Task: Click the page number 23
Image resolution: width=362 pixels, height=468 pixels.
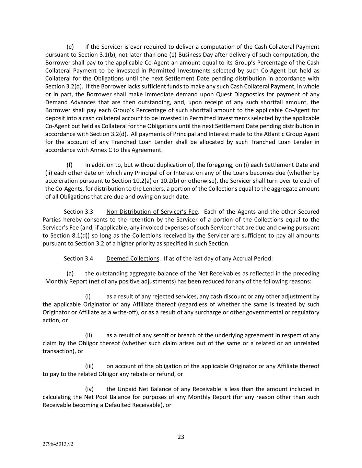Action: [x=181, y=437]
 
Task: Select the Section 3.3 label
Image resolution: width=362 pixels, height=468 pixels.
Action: [x=78, y=212]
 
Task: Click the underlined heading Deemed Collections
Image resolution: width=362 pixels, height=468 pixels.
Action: [x=133, y=259]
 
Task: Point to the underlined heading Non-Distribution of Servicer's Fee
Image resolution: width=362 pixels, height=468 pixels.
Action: [x=152, y=212]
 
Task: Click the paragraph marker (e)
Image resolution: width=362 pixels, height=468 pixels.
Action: [x=70, y=47]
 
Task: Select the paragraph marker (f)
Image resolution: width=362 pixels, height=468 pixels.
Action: [x=70, y=165]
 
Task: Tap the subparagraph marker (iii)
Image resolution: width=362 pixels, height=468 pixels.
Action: [x=89, y=366]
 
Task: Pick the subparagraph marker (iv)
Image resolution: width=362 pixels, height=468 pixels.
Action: [x=89, y=389]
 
